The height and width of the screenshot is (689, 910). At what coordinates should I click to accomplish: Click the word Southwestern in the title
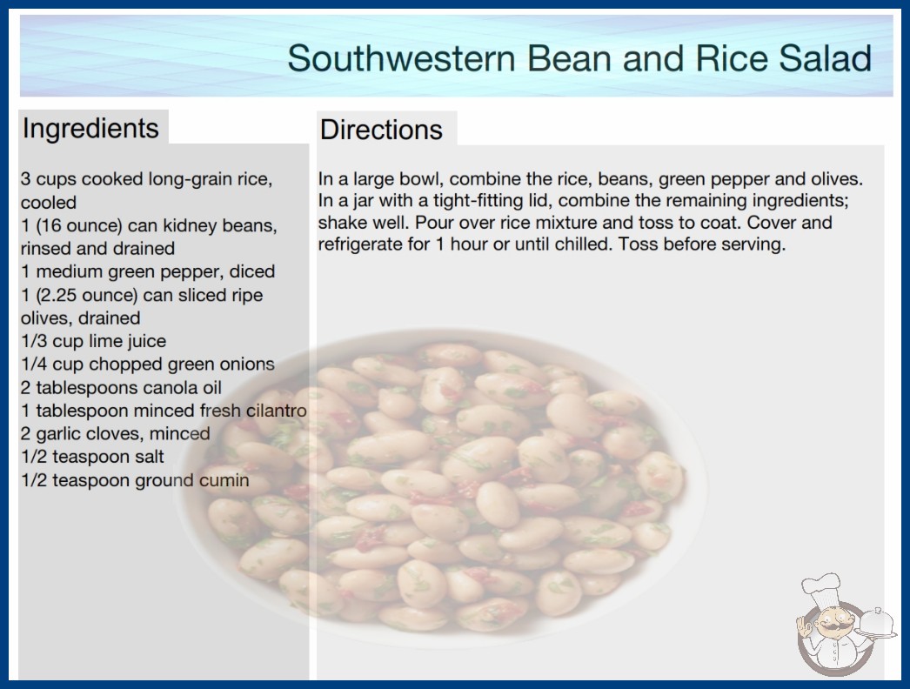[401, 58]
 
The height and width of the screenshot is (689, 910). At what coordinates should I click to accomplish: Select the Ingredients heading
[90, 129]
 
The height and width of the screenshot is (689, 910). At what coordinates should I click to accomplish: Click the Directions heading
[381, 130]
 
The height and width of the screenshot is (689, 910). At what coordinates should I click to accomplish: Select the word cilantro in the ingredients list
[277, 411]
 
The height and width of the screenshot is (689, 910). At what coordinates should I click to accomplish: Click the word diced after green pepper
[252, 271]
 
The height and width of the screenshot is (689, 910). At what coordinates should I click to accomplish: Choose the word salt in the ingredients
[149, 458]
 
